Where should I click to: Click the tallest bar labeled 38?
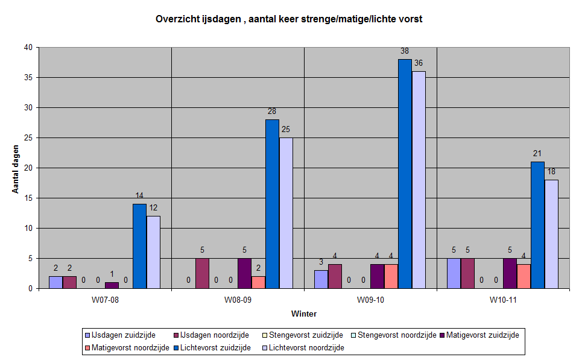(405, 174)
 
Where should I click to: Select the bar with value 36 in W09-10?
(419, 180)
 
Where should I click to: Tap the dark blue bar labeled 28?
(272, 204)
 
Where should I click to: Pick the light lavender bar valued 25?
(286, 213)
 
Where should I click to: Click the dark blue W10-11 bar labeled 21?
(537, 225)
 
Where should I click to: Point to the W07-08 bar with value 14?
(139, 246)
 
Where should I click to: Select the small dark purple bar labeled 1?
(112, 285)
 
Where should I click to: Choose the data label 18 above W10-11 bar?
(551, 172)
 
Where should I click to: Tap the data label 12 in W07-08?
(153, 208)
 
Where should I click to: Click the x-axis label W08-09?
(238, 300)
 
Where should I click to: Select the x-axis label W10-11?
(502, 300)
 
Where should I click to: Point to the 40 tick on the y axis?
(28, 48)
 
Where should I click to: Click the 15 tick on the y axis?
(28, 198)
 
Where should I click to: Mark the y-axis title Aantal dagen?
(16, 168)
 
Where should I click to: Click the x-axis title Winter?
(303, 314)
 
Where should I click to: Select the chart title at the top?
(289, 19)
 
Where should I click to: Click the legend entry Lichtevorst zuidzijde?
(217, 347)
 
